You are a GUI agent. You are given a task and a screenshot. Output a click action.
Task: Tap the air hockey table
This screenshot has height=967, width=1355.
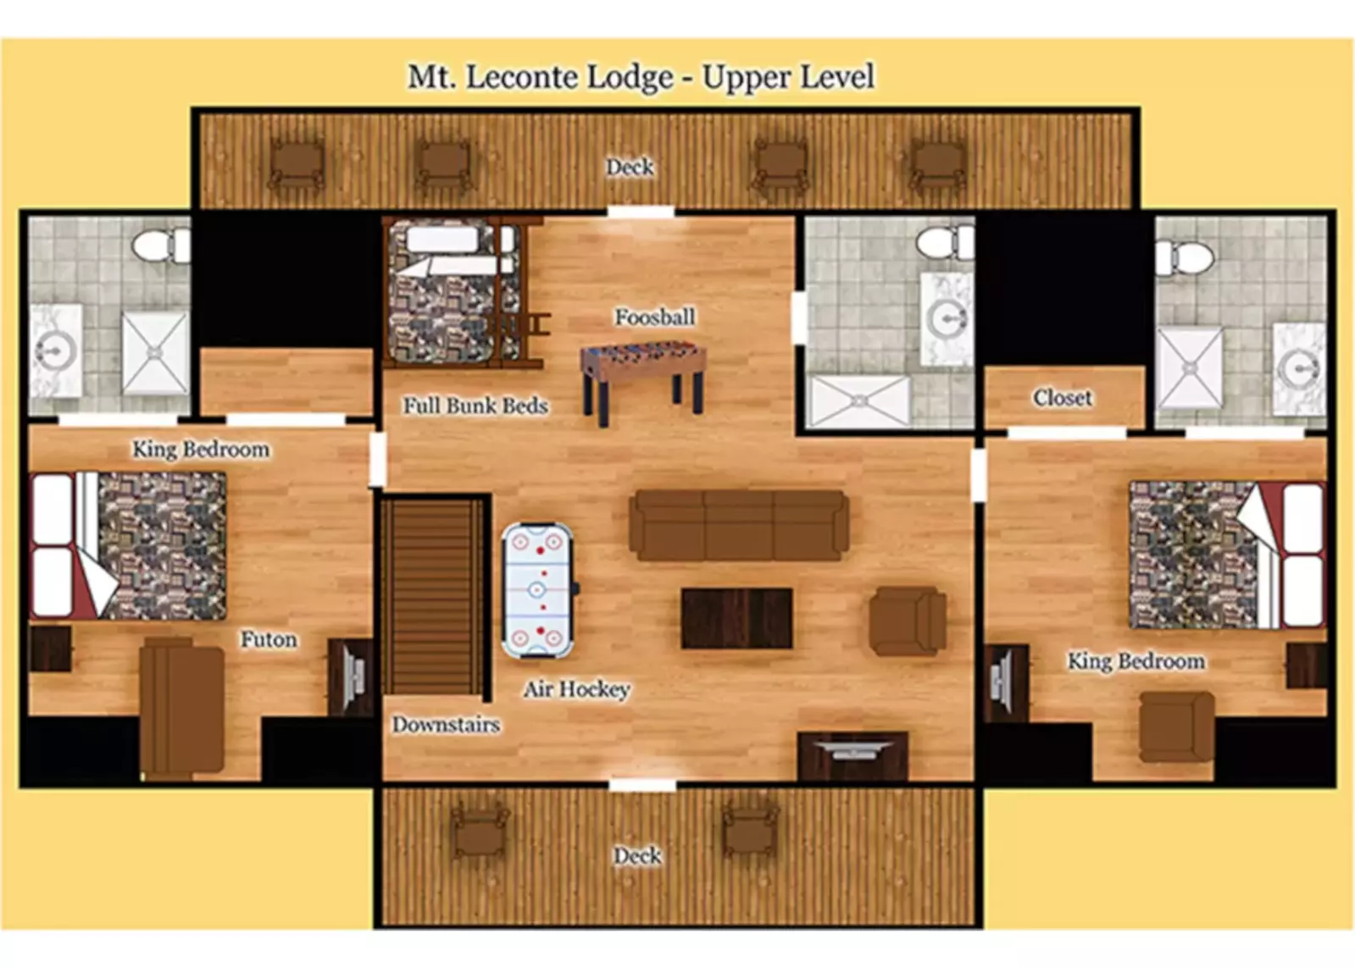click(537, 590)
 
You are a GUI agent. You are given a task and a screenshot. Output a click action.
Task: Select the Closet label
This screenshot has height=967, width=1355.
click(1062, 397)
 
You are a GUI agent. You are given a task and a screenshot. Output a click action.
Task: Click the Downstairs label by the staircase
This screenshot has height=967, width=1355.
click(446, 725)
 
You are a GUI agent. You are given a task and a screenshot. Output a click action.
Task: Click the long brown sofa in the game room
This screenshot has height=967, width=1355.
click(738, 525)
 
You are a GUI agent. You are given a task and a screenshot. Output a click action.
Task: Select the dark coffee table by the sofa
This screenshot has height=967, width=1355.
click(736, 619)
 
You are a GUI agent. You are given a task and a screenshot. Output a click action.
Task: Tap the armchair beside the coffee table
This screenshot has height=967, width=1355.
click(907, 621)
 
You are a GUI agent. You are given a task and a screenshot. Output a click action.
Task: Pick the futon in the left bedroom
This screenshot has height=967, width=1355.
click(181, 707)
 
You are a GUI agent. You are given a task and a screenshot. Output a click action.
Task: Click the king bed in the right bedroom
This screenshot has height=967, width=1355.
click(1225, 555)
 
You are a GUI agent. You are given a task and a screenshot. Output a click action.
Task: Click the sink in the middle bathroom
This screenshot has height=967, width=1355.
click(947, 319)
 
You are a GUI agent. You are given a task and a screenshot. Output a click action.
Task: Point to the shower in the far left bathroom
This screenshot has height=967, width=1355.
click(154, 352)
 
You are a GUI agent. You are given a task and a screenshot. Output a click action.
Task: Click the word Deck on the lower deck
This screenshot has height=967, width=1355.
click(637, 855)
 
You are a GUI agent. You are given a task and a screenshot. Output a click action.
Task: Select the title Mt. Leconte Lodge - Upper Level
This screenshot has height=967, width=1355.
click(641, 77)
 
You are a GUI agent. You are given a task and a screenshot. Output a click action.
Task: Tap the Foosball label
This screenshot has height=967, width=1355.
click(655, 317)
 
